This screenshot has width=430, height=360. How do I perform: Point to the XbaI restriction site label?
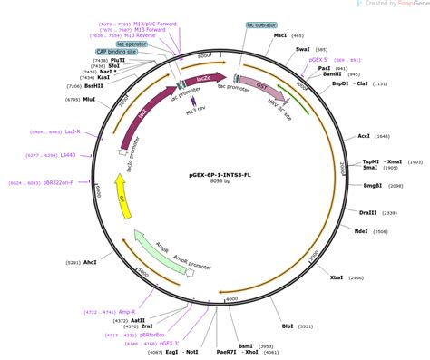click(x=335, y=277)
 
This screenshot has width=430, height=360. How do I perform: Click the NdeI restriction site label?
click(x=360, y=232)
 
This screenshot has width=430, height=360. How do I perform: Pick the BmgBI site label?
click(x=372, y=186)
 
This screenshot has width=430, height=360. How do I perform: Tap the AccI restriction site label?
click(x=363, y=135)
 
